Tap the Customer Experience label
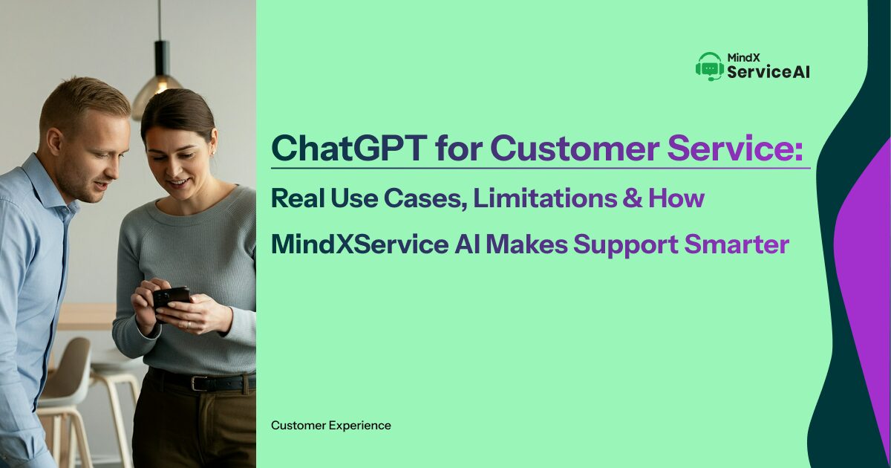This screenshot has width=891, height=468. (330, 426)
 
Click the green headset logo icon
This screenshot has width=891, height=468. (709, 66)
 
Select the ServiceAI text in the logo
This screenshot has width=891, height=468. (768, 72)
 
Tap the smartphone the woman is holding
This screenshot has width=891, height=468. (171, 298)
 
